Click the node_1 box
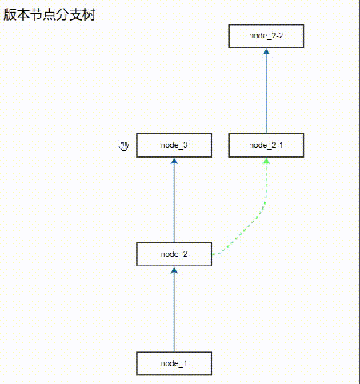(x=174, y=363)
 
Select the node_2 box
(x=174, y=254)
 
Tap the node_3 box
(x=174, y=145)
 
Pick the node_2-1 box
(x=266, y=145)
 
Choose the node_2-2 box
(x=266, y=36)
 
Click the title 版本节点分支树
(x=50, y=14)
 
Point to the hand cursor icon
(x=124, y=146)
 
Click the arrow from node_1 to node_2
(x=174, y=312)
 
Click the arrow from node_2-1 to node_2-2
(x=266, y=92)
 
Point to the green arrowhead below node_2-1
(x=266, y=161)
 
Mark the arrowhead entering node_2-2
(x=266, y=52)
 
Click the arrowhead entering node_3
(x=174, y=161)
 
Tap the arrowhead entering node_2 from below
(x=174, y=270)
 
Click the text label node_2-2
(x=266, y=36)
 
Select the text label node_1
(x=174, y=363)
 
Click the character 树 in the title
(x=88, y=14)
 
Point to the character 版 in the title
(x=10, y=14)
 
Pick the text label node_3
(x=174, y=145)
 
